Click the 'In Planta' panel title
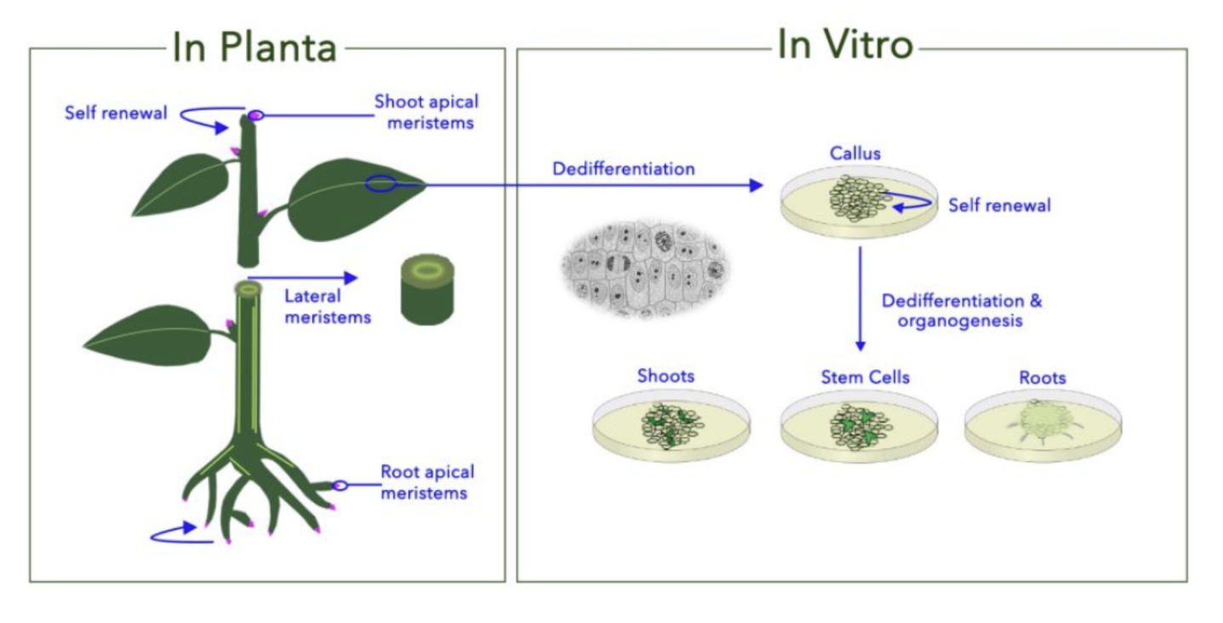pos(254,48)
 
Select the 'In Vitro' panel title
pos(845,45)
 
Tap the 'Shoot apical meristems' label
pos(426,112)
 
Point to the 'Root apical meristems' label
pos(427,482)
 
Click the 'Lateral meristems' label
pos(328,306)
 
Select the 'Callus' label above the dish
pos(855,153)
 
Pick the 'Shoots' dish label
pos(666,375)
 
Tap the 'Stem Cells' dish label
pos(866,377)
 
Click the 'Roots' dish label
pos(1043,377)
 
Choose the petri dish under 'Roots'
pos(1043,426)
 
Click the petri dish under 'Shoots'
pos(671,426)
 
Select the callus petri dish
pos(859,202)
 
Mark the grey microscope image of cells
pos(645,269)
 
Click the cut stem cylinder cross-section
pos(427,289)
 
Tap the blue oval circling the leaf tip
pos(380,184)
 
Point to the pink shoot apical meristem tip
pos(255,115)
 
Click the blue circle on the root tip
pos(340,485)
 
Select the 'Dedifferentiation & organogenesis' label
pos(962,310)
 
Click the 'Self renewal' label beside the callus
pos(999,205)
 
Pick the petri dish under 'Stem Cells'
pos(859,426)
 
